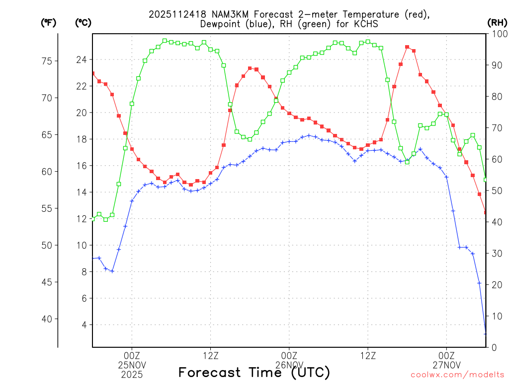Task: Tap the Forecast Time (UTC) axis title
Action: pyautogui.click(x=254, y=372)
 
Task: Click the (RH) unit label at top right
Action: pyautogui.click(x=497, y=22)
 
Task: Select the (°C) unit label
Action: pyautogui.click(x=83, y=22)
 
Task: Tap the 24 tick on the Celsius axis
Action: pyautogui.click(x=81, y=60)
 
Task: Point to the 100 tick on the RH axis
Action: pyautogui.click(x=497, y=34)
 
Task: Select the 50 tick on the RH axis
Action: pyautogui.click(x=495, y=190)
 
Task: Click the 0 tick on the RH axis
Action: pyautogui.click(x=493, y=347)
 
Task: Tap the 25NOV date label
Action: pyautogui.click(x=132, y=365)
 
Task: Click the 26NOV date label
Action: pyautogui.click(x=289, y=365)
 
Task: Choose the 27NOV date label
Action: pyautogui.click(x=446, y=365)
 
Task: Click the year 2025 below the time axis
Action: pyautogui.click(x=132, y=374)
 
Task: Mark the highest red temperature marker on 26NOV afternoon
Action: pyautogui.click(x=407, y=47)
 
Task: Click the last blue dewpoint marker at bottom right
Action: pyautogui.click(x=486, y=333)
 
